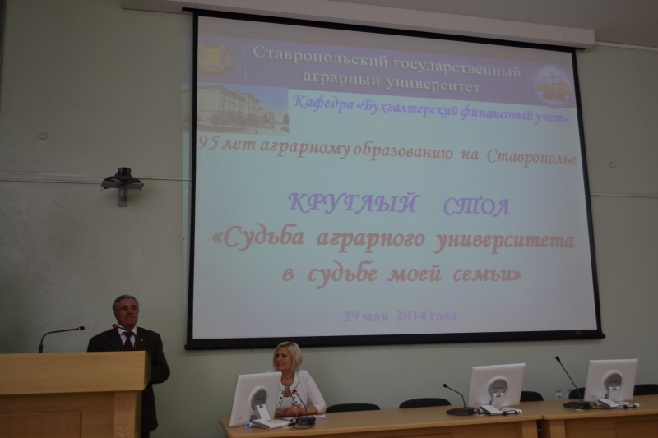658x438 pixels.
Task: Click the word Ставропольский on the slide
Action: click(321, 55)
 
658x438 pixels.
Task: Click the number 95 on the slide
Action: click(208, 144)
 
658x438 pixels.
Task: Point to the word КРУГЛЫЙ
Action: click(353, 203)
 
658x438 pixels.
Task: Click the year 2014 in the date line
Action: click(410, 316)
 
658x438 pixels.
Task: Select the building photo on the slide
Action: click(243, 108)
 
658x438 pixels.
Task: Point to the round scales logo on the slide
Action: click(552, 86)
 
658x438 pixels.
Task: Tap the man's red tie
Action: click(128, 341)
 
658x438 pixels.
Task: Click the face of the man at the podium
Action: click(124, 315)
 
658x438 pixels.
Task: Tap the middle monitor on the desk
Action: click(496, 385)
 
